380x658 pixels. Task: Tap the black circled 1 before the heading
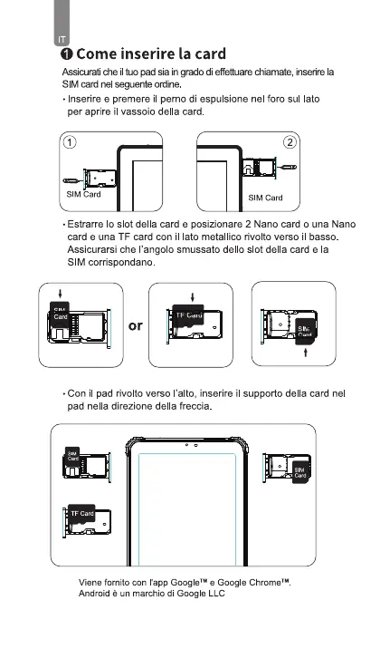(x=66, y=54)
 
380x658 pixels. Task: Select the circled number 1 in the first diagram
(x=70, y=142)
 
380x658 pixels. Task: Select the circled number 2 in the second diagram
(x=290, y=142)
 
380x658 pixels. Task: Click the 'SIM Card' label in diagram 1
(x=84, y=194)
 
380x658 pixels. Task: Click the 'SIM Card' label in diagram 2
(x=265, y=198)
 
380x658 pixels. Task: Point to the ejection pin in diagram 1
(x=72, y=180)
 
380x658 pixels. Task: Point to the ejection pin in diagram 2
(x=287, y=167)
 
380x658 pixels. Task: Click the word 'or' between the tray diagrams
(x=136, y=325)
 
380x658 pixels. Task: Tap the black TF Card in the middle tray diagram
(x=188, y=315)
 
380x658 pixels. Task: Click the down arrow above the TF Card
(x=193, y=297)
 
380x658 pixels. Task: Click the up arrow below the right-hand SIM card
(x=306, y=352)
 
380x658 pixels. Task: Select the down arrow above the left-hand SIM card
(x=60, y=293)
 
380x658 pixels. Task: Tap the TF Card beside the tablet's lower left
(x=81, y=514)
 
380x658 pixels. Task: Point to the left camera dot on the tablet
(x=186, y=445)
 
